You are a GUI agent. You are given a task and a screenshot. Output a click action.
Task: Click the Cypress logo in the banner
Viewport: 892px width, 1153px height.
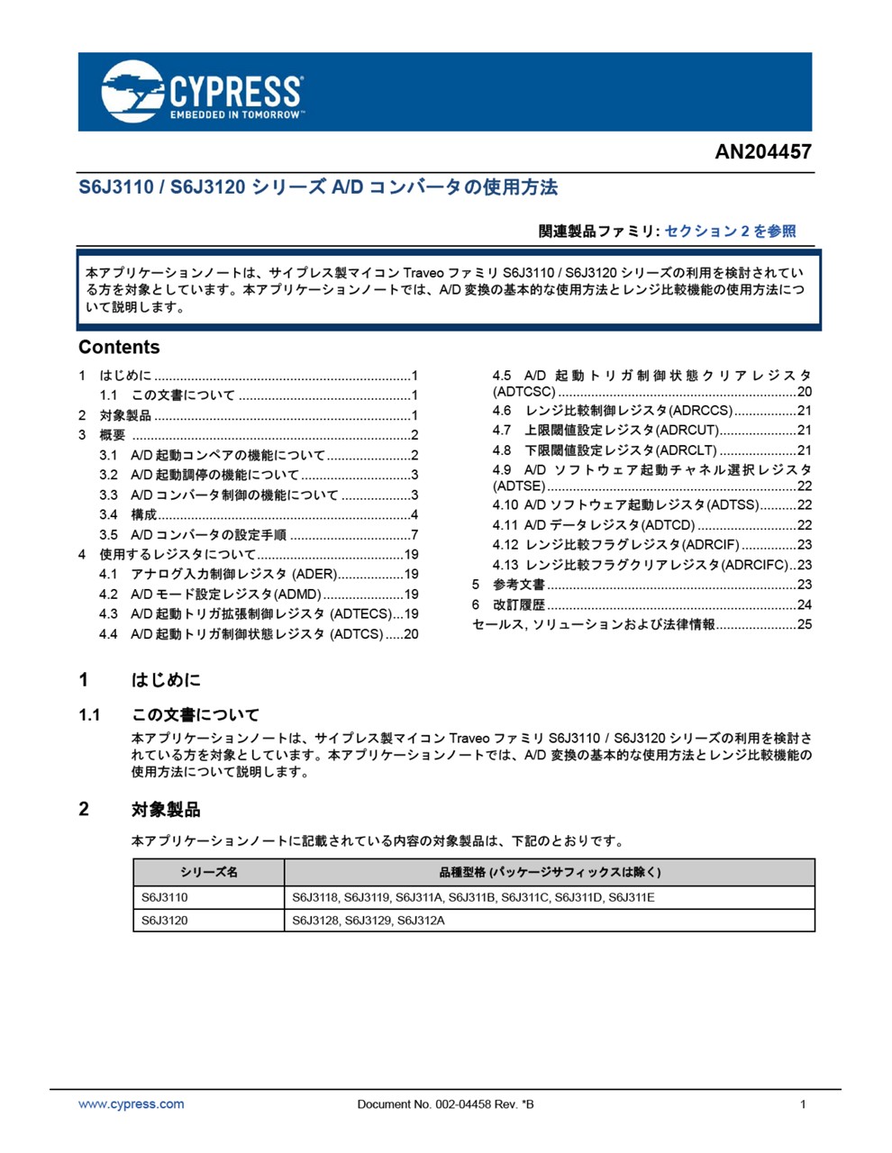click(202, 92)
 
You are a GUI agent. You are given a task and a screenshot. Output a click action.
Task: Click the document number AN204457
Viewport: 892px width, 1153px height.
click(762, 151)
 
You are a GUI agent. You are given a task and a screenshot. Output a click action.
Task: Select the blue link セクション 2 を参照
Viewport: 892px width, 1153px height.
click(730, 232)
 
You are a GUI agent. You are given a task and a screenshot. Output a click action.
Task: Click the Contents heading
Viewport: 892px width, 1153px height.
click(119, 348)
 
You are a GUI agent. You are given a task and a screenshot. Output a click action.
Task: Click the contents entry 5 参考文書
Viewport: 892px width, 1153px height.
click(518, 585)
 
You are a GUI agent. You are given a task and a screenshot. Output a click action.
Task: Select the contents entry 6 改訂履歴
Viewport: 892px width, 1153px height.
click(518, 604)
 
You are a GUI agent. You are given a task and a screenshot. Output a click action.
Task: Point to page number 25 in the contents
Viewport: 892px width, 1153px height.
click(804, 624)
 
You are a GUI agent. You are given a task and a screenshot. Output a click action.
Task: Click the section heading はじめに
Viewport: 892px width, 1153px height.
click(166, 680)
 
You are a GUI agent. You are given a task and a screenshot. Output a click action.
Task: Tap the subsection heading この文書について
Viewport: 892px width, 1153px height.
click(195, 715)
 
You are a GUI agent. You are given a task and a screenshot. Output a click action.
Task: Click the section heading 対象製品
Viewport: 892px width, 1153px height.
click(166, 810)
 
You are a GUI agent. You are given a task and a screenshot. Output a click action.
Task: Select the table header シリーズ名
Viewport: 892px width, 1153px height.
click(208, 872)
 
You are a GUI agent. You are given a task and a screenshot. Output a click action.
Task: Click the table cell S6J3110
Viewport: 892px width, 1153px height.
click(165, 897)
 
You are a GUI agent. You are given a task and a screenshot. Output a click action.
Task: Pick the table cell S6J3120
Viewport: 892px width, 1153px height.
click(165, 921)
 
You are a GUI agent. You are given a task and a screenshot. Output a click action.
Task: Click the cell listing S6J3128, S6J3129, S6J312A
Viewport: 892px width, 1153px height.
click(369, 921)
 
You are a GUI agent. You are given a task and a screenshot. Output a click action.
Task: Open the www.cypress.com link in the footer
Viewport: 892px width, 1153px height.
click(132, 1104)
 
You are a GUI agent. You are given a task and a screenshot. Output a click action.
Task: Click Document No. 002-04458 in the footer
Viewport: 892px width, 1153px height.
click(445, 1104)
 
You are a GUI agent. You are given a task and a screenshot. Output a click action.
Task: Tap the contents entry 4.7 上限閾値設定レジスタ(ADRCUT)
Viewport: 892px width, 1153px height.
click(622, 431)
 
